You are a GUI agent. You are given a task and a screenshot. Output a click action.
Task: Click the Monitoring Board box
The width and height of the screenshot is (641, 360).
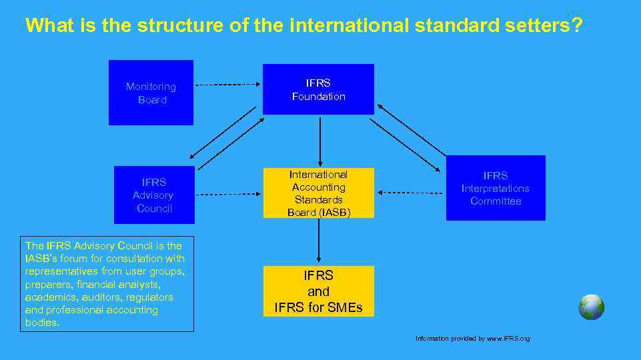(151, 93)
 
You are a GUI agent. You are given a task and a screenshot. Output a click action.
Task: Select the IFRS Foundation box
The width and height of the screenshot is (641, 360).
(318, 89)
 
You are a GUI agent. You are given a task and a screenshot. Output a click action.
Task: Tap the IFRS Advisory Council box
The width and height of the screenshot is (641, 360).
(154, 195)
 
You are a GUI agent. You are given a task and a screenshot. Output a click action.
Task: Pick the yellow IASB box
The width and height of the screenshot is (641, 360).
(318, 193)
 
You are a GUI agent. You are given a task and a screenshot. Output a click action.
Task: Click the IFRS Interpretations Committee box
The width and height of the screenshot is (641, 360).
(496, 188)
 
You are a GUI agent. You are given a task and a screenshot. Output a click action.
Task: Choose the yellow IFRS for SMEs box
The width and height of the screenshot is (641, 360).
(319, 291)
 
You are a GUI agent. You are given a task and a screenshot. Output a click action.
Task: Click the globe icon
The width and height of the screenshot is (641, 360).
(591, 307)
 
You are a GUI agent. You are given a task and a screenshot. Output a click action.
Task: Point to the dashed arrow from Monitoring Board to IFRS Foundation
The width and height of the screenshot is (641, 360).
(227, 85)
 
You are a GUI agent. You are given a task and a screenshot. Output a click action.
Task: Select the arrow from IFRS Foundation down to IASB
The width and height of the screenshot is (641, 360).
(320, 141)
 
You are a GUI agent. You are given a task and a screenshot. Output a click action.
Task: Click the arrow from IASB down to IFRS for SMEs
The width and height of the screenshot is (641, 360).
(319, 241)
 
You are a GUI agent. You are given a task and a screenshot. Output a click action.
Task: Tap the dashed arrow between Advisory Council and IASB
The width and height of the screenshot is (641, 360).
(227, 194)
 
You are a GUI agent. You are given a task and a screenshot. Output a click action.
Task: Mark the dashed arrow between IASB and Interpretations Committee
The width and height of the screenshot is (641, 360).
(410, 192)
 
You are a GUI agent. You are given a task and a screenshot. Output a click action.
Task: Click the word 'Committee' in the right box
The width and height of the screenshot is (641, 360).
(496, 201)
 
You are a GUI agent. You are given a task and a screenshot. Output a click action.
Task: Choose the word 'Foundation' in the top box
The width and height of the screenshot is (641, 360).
(319, 97)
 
